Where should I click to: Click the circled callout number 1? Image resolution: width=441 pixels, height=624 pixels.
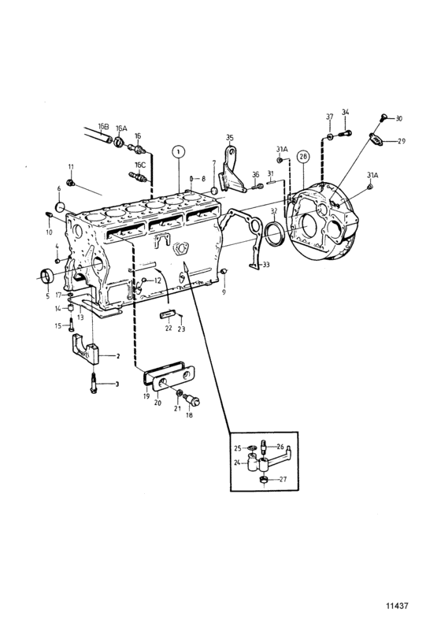point(179,151)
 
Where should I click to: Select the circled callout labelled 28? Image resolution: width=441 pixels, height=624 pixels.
point(303,158)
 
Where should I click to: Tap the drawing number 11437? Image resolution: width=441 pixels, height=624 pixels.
point(397,606)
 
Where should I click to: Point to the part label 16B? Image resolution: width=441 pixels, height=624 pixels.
point(103,127)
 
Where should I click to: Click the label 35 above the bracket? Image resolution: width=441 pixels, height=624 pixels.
point(230,138)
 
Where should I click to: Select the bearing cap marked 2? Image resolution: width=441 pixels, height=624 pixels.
point(85,348)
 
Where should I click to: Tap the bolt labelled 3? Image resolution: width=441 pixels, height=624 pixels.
point(94,383)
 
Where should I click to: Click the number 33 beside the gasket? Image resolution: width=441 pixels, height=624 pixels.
point(266,264)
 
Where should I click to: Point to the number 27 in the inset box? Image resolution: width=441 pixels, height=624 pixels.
point(283,479)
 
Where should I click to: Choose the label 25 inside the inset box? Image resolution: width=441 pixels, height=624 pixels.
point(238,448)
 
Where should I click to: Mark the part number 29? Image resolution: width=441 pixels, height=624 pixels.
point(402,141)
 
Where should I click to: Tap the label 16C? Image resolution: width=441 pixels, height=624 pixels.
point(140,165)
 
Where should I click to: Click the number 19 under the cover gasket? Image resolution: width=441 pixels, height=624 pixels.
point(146,396)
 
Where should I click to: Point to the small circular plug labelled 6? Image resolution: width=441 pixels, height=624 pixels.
point(60,207)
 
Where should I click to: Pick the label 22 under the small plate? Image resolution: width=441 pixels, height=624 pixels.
point(169,328)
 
